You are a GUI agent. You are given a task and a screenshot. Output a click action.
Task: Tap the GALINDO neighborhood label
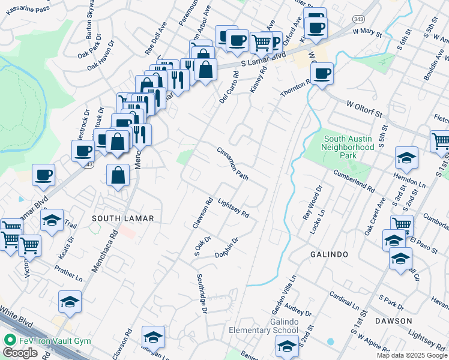pyautogui.click(x=329, y=254)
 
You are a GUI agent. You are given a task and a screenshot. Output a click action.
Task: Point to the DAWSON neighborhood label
pyautogui.click(x=393, y=321)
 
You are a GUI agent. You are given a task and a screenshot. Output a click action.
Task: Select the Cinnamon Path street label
pyautogui.click(x=233, y=164)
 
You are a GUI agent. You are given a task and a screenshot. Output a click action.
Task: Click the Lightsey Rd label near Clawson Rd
pyautogui.click(x=233, y=208)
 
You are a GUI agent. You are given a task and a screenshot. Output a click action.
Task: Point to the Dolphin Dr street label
pyautogui.click(x=227, y=248)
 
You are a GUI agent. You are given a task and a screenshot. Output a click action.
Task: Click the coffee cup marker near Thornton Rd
pyautogui.click(x=322, y=74)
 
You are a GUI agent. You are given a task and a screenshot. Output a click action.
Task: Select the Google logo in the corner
pyautogui.click(x=20, y=353)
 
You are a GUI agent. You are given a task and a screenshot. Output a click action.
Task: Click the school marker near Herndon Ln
pyautogui.click(x=406, y=158)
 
